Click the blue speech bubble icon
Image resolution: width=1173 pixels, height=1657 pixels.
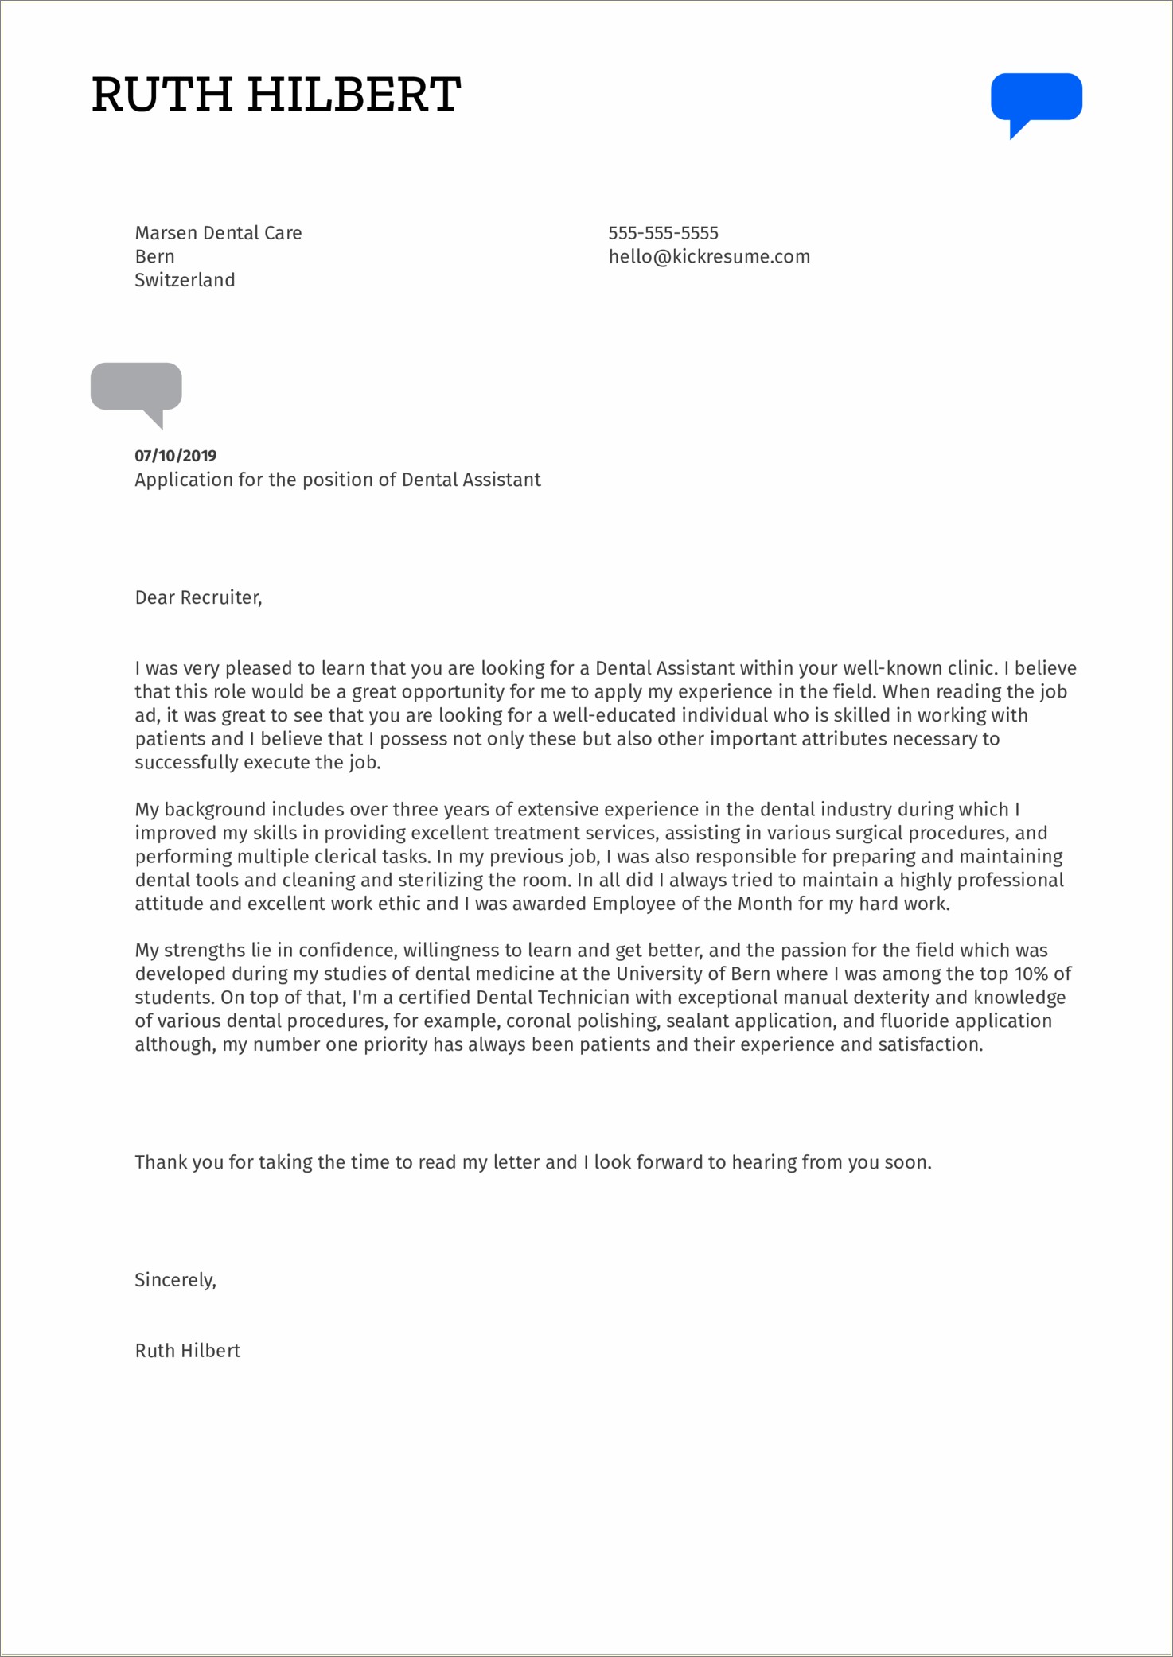(x=1035, y=98)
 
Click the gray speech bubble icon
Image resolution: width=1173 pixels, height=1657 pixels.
(x=136, y=387)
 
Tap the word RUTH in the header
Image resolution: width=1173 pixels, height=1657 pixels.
(x=162, y=95)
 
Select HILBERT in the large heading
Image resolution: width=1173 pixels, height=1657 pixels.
(x=353, y=95)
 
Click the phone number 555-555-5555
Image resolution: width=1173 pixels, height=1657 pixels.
(x=663, y=233)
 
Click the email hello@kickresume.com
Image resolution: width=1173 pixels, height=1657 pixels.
(x=708, y=257)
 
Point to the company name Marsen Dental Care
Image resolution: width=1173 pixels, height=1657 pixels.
(x=218, y=233)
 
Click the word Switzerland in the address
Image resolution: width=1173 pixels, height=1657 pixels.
(x=185, y=280)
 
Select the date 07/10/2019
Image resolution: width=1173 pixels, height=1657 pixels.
(x=175, y=456)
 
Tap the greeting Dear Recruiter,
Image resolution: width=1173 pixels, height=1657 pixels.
(x=198, y=597)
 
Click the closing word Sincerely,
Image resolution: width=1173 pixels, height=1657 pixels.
(x=175, y=1280)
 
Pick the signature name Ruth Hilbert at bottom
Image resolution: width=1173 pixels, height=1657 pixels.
(x=187, y=1351)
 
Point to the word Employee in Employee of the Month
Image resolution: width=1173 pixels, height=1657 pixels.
(x=631, y=904)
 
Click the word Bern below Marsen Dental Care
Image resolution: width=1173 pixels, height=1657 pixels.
(x=154, y=257)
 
